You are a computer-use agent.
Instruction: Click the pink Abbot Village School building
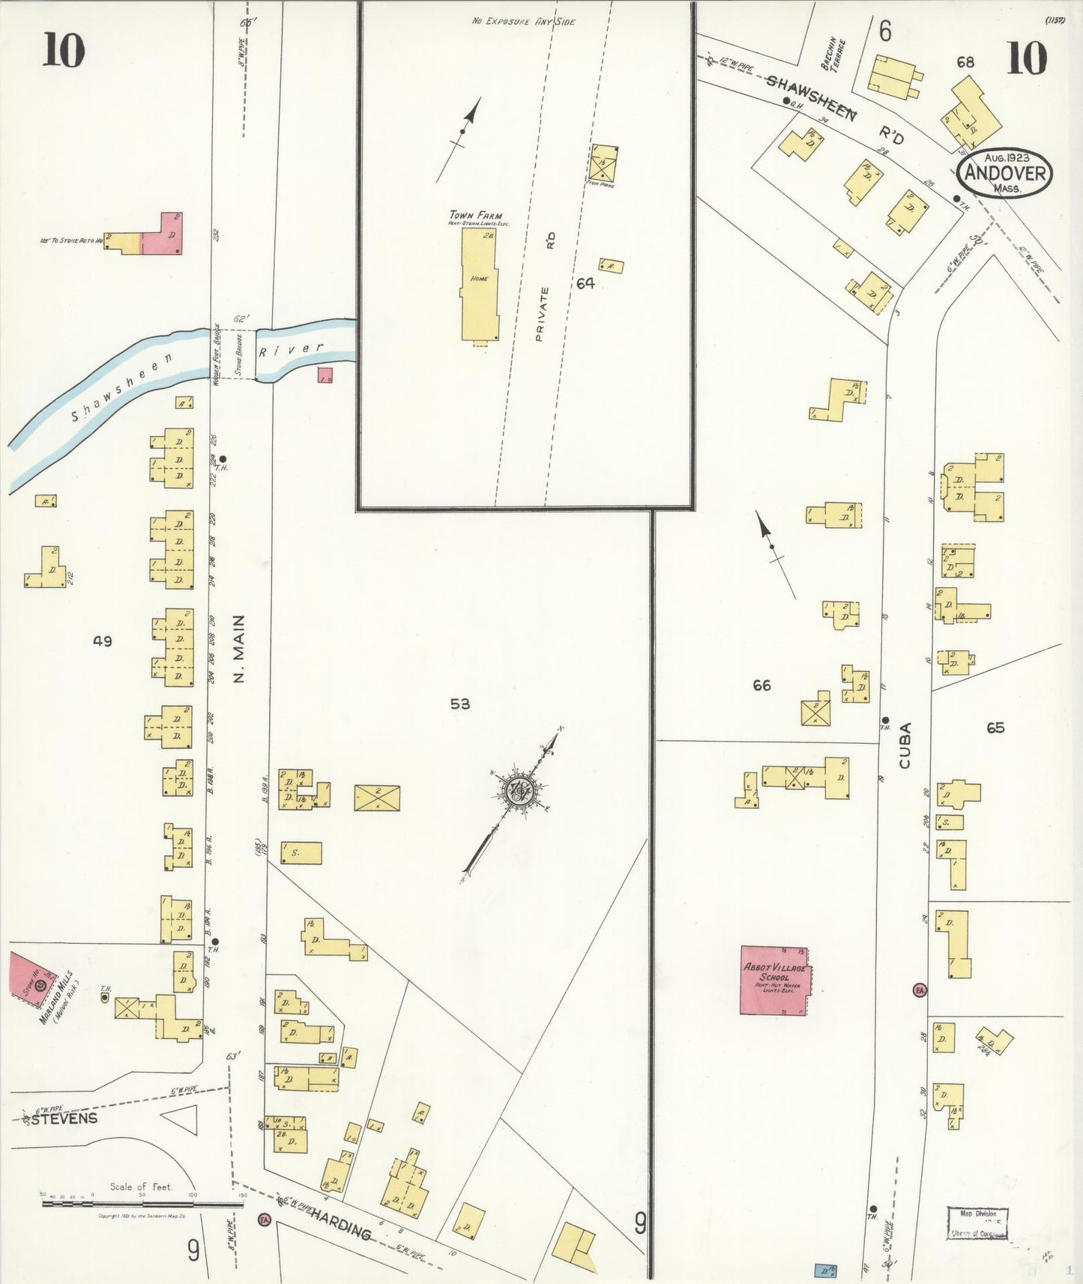(773, 980)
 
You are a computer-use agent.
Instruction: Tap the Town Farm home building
(480, 284)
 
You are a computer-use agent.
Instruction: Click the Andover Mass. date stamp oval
(1004, 173)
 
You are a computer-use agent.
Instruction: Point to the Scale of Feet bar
(142, 1204)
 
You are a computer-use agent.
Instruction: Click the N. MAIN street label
(240, 649)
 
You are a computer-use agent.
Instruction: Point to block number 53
(460, 703)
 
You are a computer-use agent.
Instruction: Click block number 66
(761, 685)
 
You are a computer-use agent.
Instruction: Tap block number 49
(103, 641)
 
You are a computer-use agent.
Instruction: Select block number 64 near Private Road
(585, 283)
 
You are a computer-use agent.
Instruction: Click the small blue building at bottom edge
(825, 1271)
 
